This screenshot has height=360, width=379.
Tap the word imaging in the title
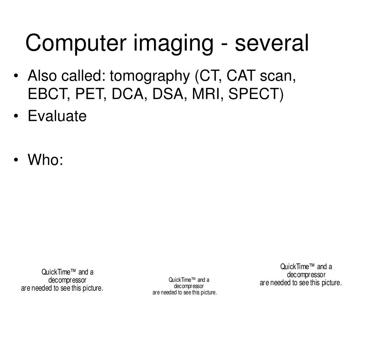point(173,44)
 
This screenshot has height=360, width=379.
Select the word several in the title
point(272,43)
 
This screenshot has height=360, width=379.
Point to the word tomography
point(150,76)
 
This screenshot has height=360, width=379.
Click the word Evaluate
point(57,116)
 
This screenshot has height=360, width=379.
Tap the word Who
point(44,160)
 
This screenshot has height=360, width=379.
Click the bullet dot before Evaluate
point(16,116)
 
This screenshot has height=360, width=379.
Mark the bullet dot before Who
point(16,160)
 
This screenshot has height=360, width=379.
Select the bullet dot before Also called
point(16,76)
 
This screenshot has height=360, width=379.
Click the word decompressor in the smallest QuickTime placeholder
point(189,286)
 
